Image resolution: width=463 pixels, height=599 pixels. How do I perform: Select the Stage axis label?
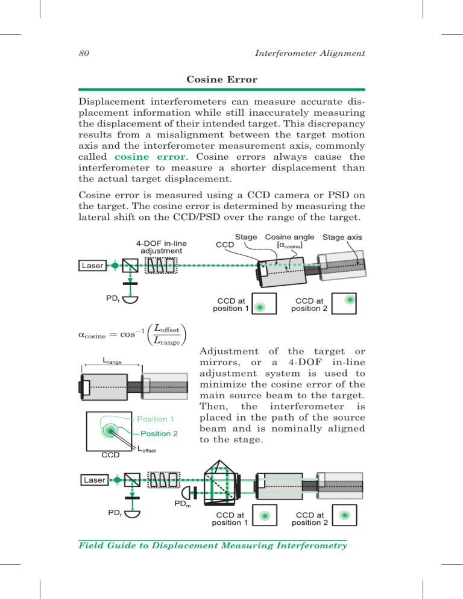pos(342,237)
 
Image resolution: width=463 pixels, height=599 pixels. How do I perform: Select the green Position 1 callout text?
pos(156,418)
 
